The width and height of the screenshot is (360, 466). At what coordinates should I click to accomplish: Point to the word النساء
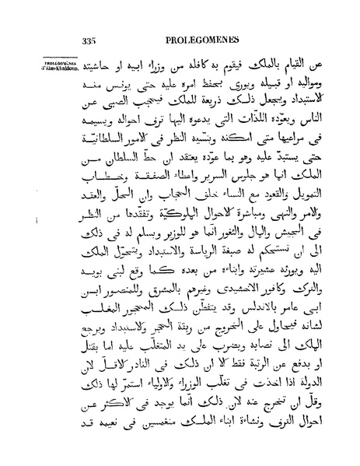click(236, 184)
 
